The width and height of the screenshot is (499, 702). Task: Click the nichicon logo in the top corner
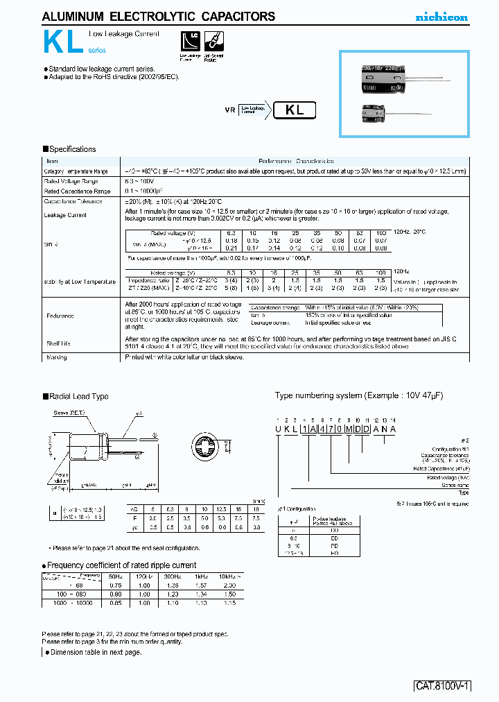pos(441,17)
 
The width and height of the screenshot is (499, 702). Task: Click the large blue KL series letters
pos(64,43)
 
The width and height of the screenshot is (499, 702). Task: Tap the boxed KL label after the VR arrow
pos(295,110)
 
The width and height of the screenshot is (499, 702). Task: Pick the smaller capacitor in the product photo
pos(374,113)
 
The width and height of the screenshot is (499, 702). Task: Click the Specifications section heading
pos(69,149)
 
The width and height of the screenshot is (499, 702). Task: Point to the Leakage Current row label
pos(66,215)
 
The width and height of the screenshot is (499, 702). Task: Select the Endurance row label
pos(60,316)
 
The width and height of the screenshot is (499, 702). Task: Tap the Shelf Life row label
pos(58,343)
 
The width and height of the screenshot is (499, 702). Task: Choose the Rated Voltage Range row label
pos(72,181)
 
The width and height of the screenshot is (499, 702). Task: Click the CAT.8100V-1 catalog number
pos(443,686)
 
